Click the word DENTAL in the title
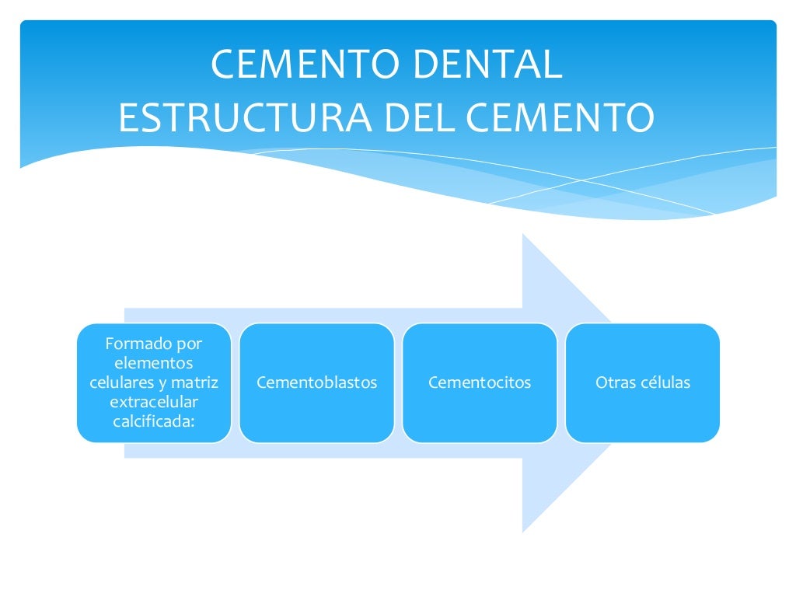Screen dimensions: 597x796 coord(489,65)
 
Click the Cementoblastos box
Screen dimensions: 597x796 coord(316,382)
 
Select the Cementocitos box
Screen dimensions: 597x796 coord(480,382)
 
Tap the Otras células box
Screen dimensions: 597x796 coord(643,382)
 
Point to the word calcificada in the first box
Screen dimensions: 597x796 coord(152,422)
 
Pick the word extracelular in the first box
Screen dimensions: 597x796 coord(154,402)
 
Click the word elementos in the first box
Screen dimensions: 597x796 coord(154,362)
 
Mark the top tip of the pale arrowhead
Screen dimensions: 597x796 coord(523,234)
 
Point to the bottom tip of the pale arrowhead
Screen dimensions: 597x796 coord(523,532)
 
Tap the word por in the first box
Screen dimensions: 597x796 coord(187,343)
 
